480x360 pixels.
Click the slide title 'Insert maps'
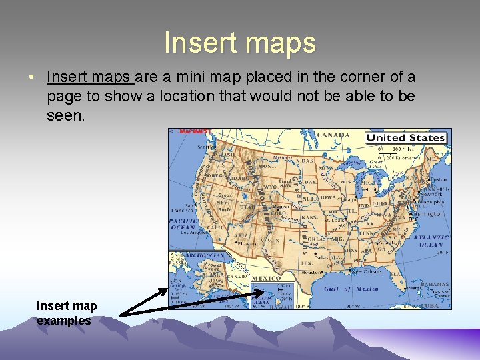pyautogui.click(x=240, y=43)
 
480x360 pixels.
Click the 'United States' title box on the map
pyautogui.click(x=405, y=138)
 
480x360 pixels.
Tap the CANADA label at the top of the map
pyautogui.click(x=333, y=135)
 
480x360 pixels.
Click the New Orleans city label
pyautogui.click(x=367, y=272)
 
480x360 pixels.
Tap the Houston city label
pyautogui.click(x=311, y=272)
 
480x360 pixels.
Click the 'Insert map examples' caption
pyautogui.click(x=66, y=313)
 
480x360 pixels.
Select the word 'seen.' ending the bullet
pyautogui.click(x=67, y=115)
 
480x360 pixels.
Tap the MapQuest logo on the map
pyautogui.click(x=195, y=132)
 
